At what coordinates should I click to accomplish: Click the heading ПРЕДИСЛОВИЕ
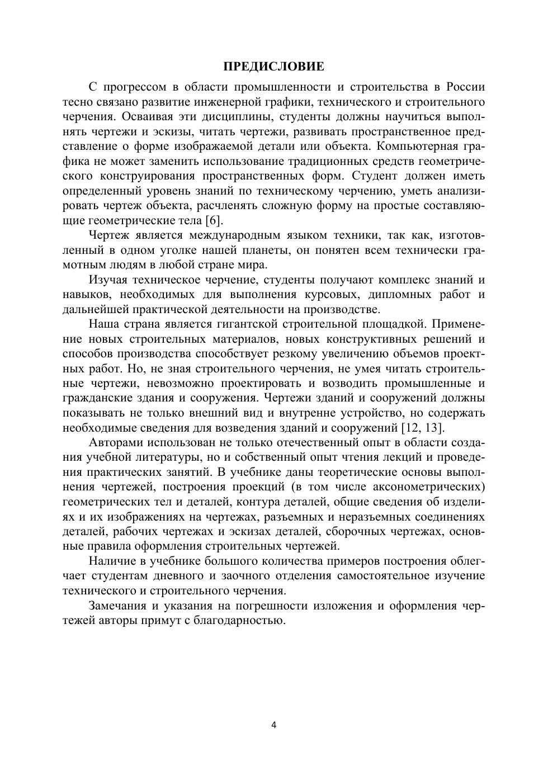273,67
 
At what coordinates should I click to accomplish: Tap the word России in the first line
465,87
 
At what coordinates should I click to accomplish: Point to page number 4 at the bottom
273,725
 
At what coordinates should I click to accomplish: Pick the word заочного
239,576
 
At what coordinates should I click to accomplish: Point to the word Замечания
117,606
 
